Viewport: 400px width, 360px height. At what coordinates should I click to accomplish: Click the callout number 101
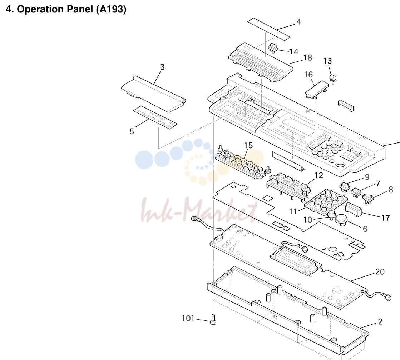(x=188, y=318)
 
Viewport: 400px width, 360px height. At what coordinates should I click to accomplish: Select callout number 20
(x=380, y=271)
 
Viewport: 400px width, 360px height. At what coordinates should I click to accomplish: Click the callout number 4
(x=298, y=22)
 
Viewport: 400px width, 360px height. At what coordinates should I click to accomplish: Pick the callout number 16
(x=308, y=74)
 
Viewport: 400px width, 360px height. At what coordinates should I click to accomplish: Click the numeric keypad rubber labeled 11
(x=326, y=201)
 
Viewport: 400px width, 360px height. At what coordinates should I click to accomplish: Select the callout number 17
(x=385, y=218)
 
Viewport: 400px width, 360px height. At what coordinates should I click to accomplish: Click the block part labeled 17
(x=354, y=209)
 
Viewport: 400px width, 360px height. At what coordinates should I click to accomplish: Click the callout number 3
(x=163, y=67)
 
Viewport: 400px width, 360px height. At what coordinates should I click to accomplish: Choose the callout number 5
(x=132, y=131)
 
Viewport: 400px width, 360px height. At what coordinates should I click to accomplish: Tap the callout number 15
(x=248, y=145)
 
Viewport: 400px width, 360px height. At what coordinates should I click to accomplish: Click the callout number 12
(x=318, y=175)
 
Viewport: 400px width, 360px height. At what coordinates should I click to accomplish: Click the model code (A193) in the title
(x=111, y=9)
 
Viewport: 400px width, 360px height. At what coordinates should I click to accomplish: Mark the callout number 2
(x=380, y=321)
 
